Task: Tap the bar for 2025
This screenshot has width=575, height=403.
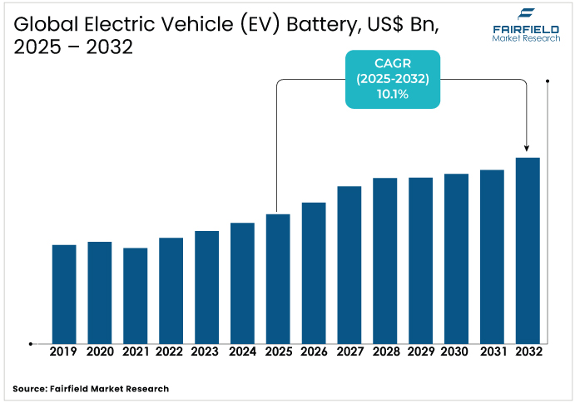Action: (278, 278)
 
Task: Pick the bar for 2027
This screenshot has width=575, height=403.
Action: (349, 264)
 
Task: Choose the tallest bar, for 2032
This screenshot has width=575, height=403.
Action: (528, 250)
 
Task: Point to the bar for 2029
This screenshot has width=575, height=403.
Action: (420, 260)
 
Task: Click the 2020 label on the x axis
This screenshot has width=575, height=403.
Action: (100, 352)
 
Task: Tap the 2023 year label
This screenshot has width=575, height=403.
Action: (206, 352)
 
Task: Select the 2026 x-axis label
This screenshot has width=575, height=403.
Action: (314, 352)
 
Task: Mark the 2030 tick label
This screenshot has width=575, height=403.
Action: (456, 352)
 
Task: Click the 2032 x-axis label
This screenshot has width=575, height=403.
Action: (528, 352)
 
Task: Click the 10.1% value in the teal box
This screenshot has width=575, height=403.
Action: (392, 95)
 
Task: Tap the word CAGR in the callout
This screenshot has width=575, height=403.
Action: (392, 62)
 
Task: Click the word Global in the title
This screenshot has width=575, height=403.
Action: (39, 24)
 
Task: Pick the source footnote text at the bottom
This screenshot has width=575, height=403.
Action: (91, 388)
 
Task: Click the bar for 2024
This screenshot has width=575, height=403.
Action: (242, 283)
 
